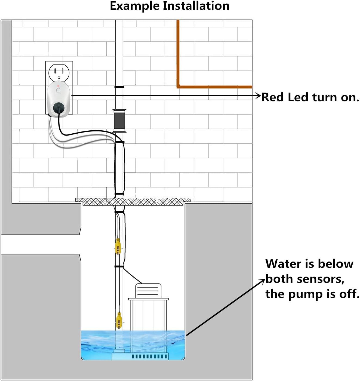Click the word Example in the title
134,6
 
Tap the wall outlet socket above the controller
59,72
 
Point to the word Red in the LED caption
272,97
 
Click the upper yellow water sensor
118,246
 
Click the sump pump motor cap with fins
148,291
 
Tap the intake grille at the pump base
149,356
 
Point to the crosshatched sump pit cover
133,202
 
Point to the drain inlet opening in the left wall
41,244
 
